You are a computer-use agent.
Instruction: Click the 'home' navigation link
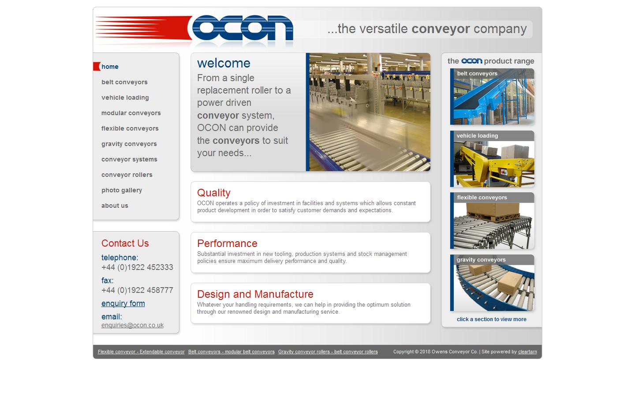click(x=110, y=67)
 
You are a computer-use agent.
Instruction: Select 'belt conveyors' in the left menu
click(x=124, y=82)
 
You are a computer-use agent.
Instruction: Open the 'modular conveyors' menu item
click(x=131, y=113)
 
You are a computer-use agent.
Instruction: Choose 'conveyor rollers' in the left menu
click(x=127, y=175)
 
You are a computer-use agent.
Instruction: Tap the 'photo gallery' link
click(x=121, y=190)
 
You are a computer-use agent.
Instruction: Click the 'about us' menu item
click(x=115, y=206)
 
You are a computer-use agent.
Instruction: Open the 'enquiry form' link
click(x=123, y=303)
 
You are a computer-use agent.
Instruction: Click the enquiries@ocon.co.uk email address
click(x=132, y=325)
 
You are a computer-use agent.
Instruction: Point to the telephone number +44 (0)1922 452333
click(x=137, y=267)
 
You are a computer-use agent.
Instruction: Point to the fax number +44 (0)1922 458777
click(x=137, y=290)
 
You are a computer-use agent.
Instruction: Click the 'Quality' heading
click(x=214, y=193)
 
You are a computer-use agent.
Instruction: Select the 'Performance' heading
click(x=227, y=243)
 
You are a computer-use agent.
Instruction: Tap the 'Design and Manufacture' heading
click(x=255, y=294)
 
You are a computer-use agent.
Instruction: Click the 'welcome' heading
click(x=224, y=63)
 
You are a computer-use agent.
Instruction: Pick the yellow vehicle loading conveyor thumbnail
click(x=492, y=163)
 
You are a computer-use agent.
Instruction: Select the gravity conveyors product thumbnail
click(x=492, y=287)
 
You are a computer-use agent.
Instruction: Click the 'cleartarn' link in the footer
click(x=527, y=352)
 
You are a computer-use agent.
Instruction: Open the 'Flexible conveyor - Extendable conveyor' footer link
click(x=141, y=352)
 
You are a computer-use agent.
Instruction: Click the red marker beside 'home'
click(x=97, y=67)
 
